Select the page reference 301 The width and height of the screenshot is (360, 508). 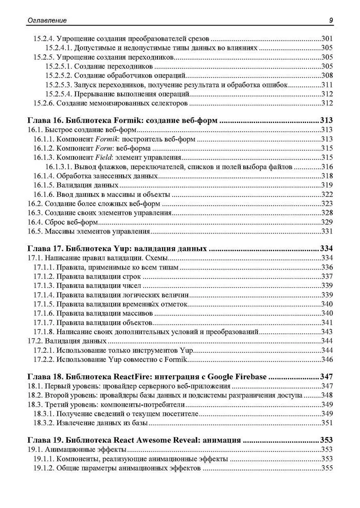click(x=327, y=38)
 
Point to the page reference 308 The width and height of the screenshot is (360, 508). click(x=327, y=76)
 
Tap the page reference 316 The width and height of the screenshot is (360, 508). click(x=327, y=167)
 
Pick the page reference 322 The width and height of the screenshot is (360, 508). click(x=327, y=195)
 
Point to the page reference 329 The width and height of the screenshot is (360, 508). click(x=327, y=223)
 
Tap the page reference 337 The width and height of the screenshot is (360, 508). click(x=327, y=277)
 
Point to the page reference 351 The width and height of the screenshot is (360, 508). click(x=327, y=423)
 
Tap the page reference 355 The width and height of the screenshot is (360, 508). click(x=327, y=468)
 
